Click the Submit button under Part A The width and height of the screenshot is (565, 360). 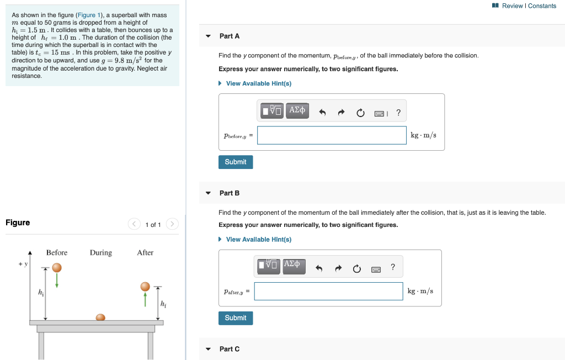point(236,162)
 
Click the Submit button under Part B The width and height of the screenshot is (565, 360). point(236,318)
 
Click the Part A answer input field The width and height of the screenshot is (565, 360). point(332,135)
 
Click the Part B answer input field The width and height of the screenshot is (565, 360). point(329,291)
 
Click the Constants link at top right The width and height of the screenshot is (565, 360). point(542,6)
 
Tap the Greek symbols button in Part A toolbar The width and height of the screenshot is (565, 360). point(297,110)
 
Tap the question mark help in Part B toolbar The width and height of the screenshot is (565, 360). point(393,267)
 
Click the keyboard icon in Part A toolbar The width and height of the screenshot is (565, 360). point(380,114)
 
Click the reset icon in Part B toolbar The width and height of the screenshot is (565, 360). point(356,269)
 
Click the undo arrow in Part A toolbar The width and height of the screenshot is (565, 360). point(323,113)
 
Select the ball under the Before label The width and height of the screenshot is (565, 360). point(57,267)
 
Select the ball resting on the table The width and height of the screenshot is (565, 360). point(100,317)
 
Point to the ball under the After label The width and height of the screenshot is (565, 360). point(145,287)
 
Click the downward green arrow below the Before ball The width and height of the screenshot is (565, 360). point(57,280)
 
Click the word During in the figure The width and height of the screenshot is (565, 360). point(101,253)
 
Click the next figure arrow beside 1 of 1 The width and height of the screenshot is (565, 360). point(172,224)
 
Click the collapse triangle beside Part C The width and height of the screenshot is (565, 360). point(208,349)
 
